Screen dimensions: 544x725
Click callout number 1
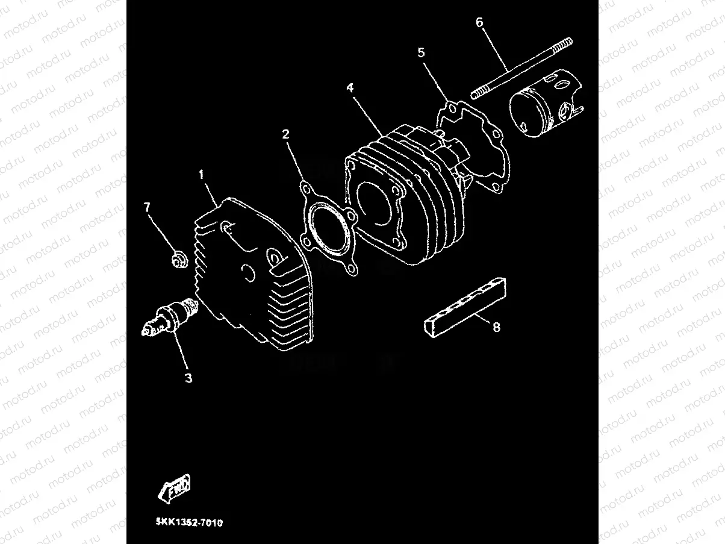pos(202,175)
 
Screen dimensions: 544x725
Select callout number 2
pos(286,133)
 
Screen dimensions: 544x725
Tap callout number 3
pos(188,378)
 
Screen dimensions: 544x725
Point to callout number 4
pos(350,88)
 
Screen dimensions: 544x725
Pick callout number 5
pos(421,53)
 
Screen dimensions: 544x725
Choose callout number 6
pos(479,23)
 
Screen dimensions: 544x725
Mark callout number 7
pos(147,207)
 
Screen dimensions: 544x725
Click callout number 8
pos(496,328)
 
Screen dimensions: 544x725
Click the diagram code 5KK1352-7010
pos(188,523)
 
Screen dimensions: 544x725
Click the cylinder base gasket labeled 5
pos(476,145)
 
